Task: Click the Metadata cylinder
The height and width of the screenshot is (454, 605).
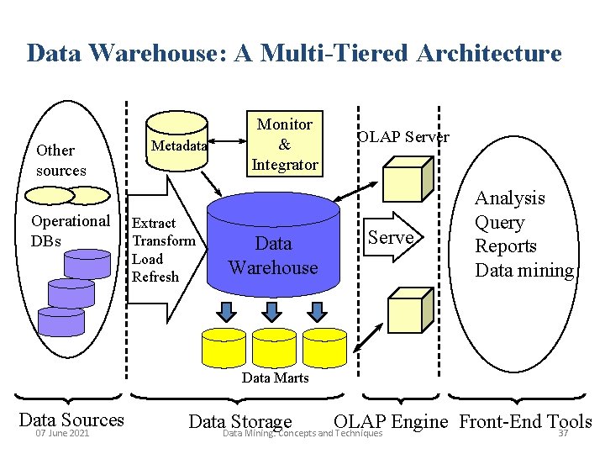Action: pos(178,145)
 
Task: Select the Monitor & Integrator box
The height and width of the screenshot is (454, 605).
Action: pos(284,145)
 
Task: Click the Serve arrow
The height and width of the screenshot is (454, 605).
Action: pos(392,238)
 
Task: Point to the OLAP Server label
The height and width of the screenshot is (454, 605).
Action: pos(403,137)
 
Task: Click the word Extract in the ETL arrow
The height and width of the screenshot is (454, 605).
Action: pos(155,223)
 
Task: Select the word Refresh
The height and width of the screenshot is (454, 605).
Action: pos(155,277)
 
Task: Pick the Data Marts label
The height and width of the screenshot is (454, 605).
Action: pos(275,377)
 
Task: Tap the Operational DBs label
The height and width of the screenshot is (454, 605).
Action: pos(70,230)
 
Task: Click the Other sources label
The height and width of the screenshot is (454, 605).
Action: pos(60,160)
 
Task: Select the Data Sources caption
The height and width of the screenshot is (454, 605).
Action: pos(71,420)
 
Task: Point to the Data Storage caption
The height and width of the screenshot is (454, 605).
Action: pos(240,422)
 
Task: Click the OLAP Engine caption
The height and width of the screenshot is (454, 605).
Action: pos(391,421)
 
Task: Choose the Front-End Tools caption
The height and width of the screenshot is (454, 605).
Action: pos(525,421)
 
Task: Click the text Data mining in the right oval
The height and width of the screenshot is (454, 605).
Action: pos(524,271)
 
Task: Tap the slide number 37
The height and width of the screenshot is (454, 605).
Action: pos(564,434)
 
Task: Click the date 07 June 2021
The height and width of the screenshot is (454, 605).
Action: pos(62,434)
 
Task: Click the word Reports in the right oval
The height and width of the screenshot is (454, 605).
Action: pos(506,246)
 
